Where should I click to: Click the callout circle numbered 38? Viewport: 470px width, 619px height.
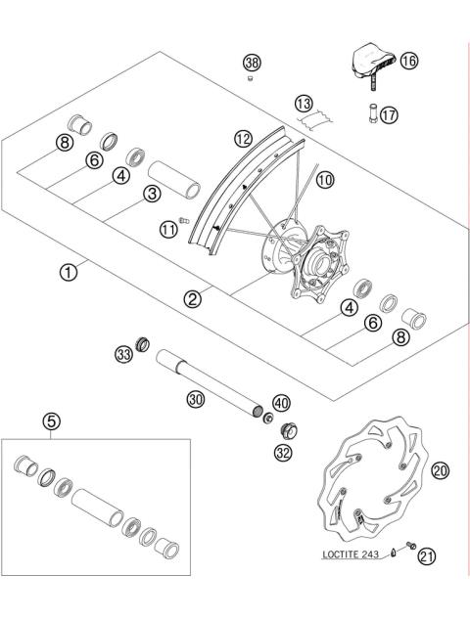pyautogui.click(x=251, y=63)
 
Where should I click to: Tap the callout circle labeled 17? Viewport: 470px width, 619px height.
pyautogui.click(x=389, y=114)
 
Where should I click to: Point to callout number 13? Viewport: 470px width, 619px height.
pyautogui.click(x=305, y=103)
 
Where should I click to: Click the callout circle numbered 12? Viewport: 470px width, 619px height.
pyautogui.click(x=244, y=140)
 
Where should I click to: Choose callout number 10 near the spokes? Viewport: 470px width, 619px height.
pyautogui.click(x=324, y=179)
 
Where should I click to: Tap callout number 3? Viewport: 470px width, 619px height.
pyautogui.click(x=151, y=194)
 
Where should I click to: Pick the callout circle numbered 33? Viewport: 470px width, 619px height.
pyautogui.click(x=123, y=352)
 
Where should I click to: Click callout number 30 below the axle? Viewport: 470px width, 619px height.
pyautogui.click(x=195, y=398)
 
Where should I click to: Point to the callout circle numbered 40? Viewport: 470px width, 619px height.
pyautogui.click(x=281, y=404)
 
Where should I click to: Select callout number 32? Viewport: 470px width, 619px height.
pyautogui.click(x=282, y=452)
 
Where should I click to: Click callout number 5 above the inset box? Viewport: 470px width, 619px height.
pyautogui.click(x=51, y=421)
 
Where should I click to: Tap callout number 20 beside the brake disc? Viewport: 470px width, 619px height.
pyautogui.click(x=440, y=470)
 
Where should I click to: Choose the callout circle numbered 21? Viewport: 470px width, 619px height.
pyautogui.click(x=426, y=556)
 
